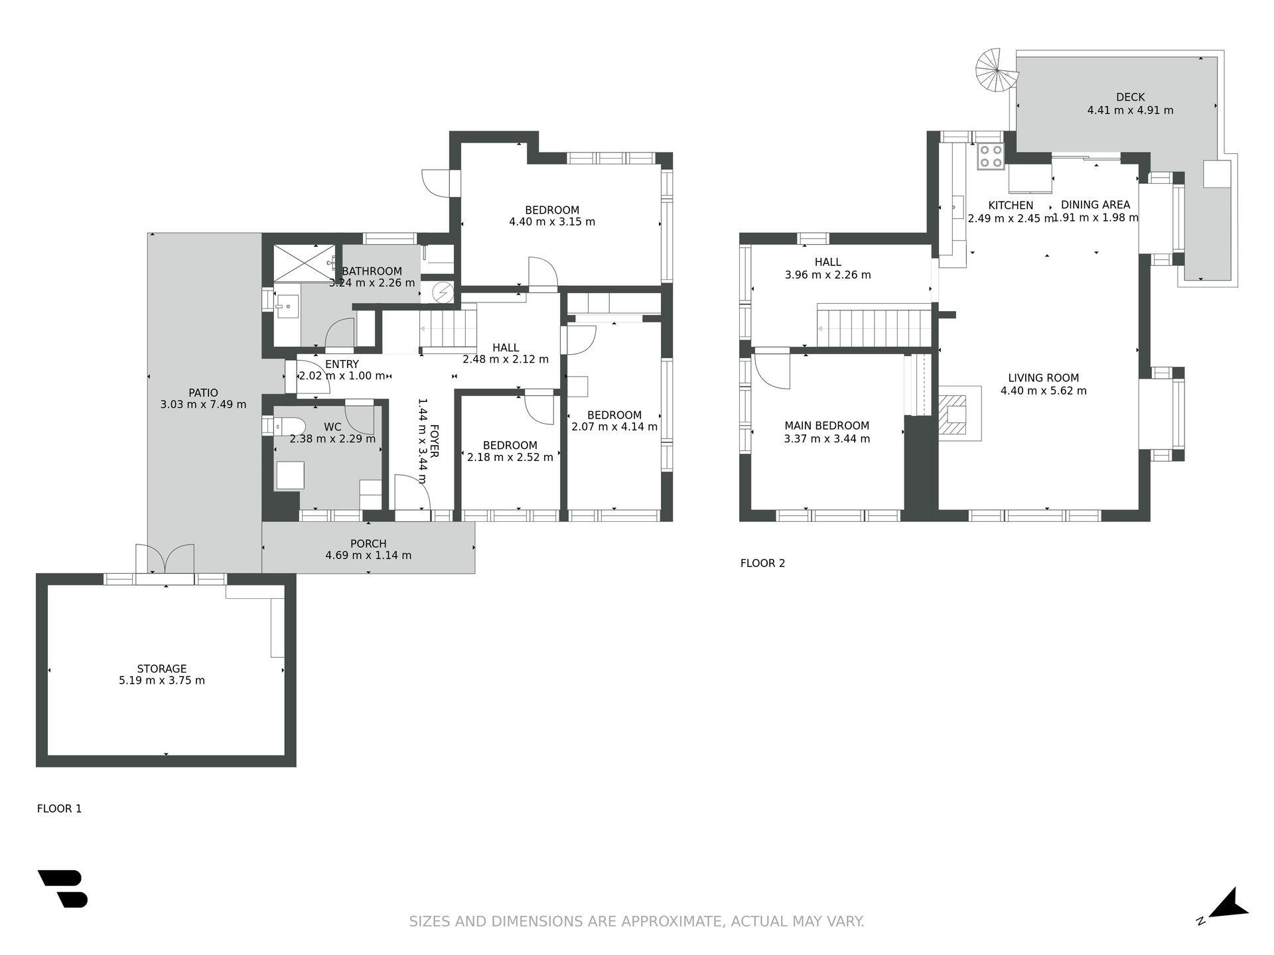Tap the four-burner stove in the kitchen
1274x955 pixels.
(990, 157)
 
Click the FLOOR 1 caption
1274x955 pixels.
(59, 808)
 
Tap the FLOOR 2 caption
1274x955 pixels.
(762, 563)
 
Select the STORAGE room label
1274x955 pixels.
(162, 668)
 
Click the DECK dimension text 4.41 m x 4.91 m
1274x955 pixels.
(1130, 110)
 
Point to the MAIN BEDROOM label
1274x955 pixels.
(827, 426)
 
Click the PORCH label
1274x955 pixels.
(368, 543)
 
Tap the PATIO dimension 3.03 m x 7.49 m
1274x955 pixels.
(203, 404)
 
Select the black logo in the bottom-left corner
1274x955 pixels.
(63, 888)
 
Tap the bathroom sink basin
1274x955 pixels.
(287, 306)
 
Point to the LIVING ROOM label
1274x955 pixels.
(1043, 378)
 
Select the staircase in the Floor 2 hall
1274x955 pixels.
(874, 326)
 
